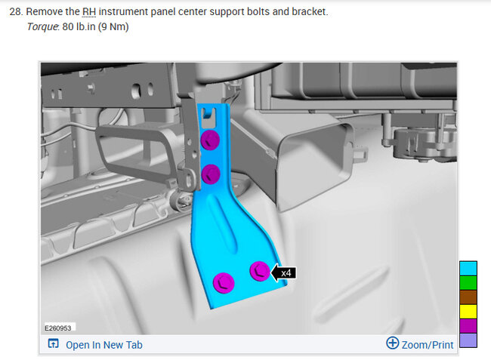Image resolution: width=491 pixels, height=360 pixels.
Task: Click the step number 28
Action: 16,12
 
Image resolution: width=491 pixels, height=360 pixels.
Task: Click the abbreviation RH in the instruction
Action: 89,12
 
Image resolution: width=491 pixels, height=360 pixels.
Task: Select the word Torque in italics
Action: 42,27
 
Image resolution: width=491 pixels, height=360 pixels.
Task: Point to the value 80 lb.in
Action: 79,26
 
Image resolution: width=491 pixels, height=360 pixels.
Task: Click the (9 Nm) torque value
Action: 113,26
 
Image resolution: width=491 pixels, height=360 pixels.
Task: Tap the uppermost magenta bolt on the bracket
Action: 210,140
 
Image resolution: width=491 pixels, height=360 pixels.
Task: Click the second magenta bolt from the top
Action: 211,174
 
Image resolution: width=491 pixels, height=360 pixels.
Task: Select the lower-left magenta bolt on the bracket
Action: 224,283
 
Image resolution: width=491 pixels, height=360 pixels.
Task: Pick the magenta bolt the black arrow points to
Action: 260,271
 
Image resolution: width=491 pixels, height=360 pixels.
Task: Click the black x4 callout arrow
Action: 283,272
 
